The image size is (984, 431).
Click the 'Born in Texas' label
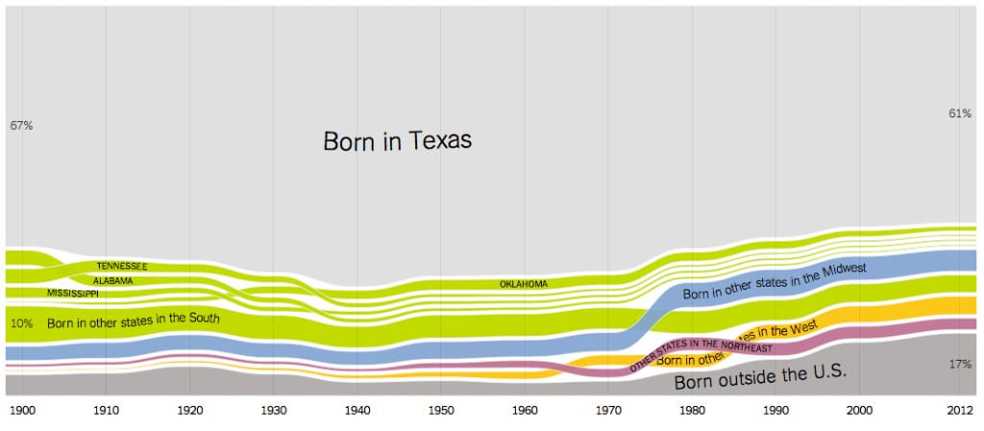pyautogui.click(x=397, y=141)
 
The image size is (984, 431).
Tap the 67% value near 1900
pyautogui.click(x=21, y=126)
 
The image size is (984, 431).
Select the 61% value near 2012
pyautogui.click(x=960, y=114)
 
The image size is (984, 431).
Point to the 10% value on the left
pyautogui.click(x=21, y=323)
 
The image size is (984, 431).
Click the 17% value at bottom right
pyautogui.click(x=960, y=365)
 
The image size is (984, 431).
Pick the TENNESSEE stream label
pyautogui.click(x=121, y=266)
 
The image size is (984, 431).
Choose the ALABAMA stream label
pyautogui.click(x=113, y=281)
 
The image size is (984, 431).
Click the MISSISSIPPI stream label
pyautogui.click(x=72, y=292)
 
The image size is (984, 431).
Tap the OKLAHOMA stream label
pyautogui.click(x=524, y=284)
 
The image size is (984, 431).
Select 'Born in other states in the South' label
pyautogui.click(x=133, y=319)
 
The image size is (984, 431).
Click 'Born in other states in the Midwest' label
pyautogui.click(x=775, y=280)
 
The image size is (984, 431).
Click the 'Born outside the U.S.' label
pyautogui.click(x=760, y=377)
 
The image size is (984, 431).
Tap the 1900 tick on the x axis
pyautogui.click(x=23, y=410)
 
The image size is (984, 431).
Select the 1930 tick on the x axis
pyautogui.click(x=274, y=410)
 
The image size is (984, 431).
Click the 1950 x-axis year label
pyautogui.click(x=441, y=410)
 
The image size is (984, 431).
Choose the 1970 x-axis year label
pyautogui.click(x=609, y=410)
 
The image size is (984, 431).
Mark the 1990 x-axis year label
pyautogui.click(x=776, y=410)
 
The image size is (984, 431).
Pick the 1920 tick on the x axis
pyautogui.click(x=190, y=410)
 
